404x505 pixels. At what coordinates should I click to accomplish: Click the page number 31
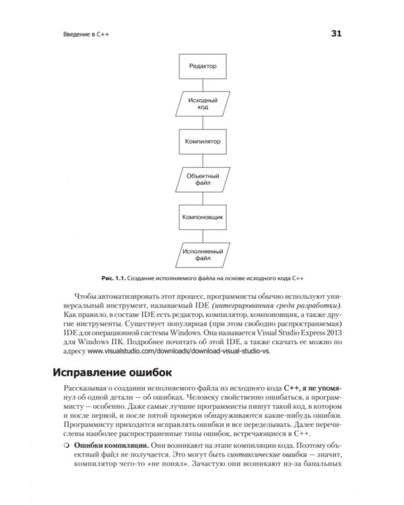(337, 34)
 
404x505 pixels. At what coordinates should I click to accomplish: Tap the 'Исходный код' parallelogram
(202, 103)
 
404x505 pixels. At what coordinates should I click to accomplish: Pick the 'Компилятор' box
(202, 141)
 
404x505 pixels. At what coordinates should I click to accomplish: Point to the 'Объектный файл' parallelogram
(202, 179)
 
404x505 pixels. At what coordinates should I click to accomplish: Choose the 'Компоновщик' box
(202, 217)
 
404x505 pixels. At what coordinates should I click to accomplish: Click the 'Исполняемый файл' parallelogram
(202, 255)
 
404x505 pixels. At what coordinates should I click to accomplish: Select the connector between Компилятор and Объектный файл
(202, 160)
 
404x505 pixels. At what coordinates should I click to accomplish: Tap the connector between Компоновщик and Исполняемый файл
(202, 236)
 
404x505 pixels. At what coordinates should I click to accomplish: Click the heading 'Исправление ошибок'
(121, 372)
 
